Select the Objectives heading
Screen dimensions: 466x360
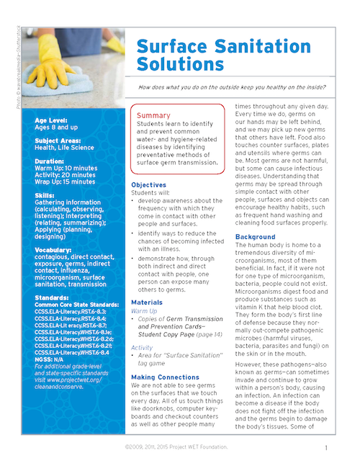point(149,185)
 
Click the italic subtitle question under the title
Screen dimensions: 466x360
point(248,87)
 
